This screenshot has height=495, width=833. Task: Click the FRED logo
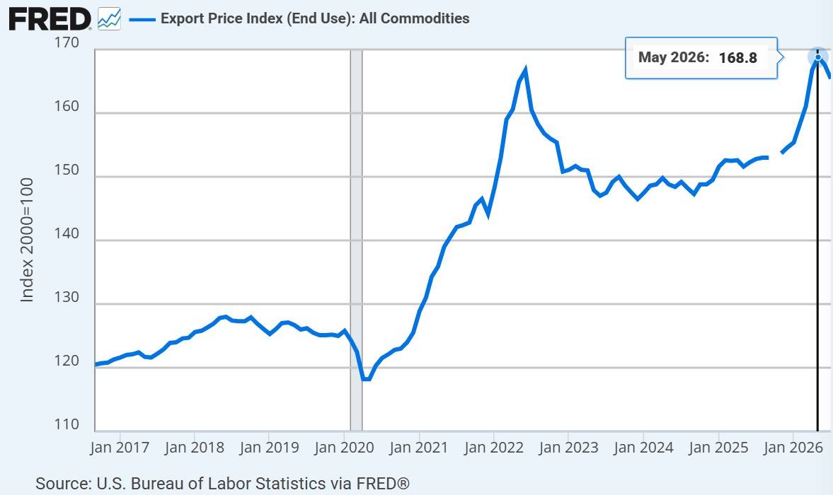coord(50,20)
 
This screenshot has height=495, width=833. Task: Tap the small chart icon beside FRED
coord(109,20)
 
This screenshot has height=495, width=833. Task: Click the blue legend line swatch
coord(142,20)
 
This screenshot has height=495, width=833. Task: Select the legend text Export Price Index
coord(222,18)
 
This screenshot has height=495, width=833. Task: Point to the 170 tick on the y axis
coord(67,42)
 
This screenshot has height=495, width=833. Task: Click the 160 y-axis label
coord(67,106)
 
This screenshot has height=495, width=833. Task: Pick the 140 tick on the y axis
coord(67,233)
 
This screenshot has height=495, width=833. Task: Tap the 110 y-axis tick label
coord(67,424)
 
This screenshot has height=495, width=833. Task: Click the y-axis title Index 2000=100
coord(27,240)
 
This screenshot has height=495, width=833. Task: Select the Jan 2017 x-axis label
coord(120,447)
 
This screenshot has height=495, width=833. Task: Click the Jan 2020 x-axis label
coord(344,447)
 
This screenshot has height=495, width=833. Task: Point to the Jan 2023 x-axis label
coord(568,447)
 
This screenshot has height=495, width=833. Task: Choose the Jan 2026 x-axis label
coord(793,447)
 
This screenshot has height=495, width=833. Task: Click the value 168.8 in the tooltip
coord(738,58)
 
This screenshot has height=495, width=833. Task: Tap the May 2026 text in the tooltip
coord(674,57)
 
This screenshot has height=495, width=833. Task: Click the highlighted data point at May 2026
coord(818,57)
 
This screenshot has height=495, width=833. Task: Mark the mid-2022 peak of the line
coord(525,69)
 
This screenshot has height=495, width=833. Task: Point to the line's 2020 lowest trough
coord(365,379)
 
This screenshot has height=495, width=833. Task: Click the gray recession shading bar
coord(356,240)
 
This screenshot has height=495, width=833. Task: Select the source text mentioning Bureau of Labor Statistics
coord(223,483)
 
